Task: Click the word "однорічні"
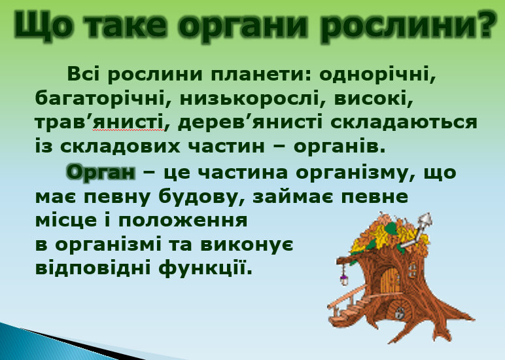click(x=378, y=75)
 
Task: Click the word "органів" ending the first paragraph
click(x=340, y=147)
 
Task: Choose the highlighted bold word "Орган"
click(x=101, y=171)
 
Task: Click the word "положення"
click(x=183, y=221)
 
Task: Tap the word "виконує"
click(x=247, y=245)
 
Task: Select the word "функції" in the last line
click(x=205, y=268)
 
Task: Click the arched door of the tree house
click(x=390, y=280)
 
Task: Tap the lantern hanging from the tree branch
click(x=343, y=278)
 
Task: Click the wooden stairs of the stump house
click(x=347, y=308)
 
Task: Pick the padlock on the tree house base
click(x=400, y=313)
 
